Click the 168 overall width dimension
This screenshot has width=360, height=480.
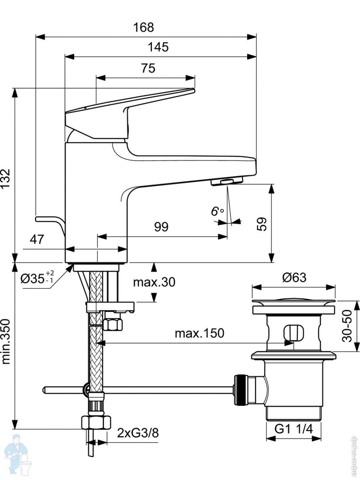(144, 27)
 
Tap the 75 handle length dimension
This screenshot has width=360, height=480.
(148, 68)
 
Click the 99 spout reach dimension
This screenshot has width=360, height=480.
(162, 227)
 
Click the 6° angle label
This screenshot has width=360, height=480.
(217, 211)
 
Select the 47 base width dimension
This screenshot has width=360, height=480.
(37, 240)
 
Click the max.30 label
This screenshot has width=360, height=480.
(154, 282)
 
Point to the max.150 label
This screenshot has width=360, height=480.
(199, 333)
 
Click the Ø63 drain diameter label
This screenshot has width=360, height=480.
(294, 277)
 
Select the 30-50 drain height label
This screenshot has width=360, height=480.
(347, 326)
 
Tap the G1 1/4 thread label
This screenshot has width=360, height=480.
(294, 429)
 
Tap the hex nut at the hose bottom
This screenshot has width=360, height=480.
(96, 422)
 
